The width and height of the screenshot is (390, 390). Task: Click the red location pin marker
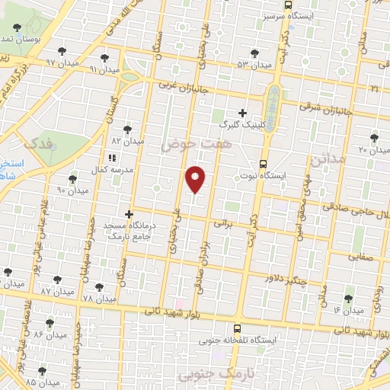tap(196, 179)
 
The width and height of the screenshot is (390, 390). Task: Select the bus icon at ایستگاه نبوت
tap(264, 163)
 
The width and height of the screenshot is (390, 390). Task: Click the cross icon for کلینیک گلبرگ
tap(242, 113)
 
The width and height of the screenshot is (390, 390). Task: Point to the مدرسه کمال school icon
tap(112, 158)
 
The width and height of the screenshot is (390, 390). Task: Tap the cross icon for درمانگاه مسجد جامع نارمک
tap(129, 215)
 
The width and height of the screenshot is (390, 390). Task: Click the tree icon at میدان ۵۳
tap(254, 53)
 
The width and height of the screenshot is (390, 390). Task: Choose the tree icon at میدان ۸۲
tap(126, 130)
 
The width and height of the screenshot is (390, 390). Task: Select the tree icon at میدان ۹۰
tap(72, 180)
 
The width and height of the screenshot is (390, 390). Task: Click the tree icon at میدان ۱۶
tap(348, 299)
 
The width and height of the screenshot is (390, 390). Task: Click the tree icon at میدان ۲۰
tap(373, 138)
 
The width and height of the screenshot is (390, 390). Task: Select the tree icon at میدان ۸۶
tap(50, 323)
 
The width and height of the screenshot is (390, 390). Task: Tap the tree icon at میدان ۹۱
tap(104, 58)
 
